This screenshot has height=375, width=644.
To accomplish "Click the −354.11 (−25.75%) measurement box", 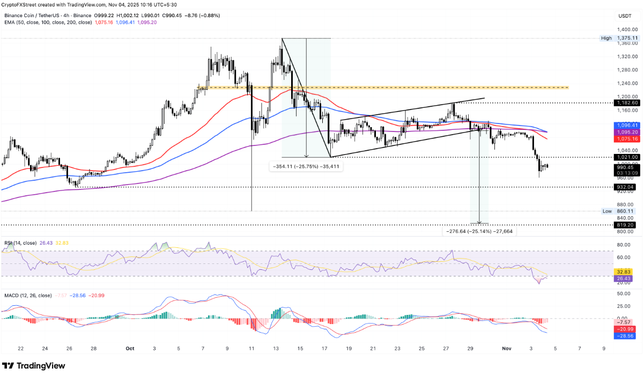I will point(306,167).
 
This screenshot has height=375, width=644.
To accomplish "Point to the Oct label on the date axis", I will point(129,348).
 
